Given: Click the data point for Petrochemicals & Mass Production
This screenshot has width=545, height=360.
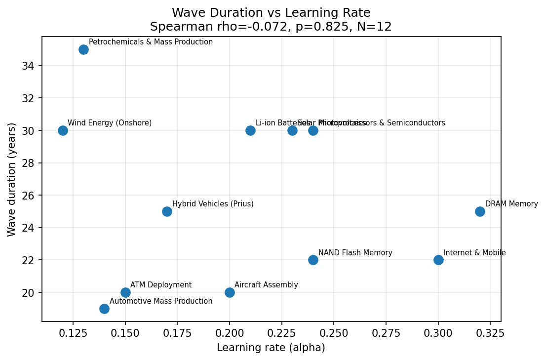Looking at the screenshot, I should point(83,49).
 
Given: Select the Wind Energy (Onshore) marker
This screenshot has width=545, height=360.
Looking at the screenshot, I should point(63,130).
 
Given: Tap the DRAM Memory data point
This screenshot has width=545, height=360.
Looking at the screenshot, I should point(480,211).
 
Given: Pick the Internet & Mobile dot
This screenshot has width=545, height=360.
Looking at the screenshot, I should point(438,260).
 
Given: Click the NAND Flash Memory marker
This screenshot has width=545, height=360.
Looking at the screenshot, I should point(313,260).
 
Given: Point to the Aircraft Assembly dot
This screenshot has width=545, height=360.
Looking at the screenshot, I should point(230,292).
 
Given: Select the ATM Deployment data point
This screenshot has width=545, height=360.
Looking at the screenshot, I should point(125,292).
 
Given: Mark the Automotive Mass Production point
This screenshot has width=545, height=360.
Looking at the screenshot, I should point(104,309).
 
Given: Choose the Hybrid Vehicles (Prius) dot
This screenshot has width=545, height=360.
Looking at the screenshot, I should point(167,211).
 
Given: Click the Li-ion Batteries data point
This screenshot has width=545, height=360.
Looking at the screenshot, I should point(250,130).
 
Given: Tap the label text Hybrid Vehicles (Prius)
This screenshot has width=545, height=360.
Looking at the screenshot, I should point(213,204).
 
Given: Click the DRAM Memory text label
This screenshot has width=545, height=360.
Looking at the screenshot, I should point(511,204).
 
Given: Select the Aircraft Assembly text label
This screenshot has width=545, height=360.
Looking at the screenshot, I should point(266,285).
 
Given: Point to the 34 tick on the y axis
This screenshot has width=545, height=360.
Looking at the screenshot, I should point(29,66).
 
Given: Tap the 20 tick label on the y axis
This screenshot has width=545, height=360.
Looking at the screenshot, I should point(29,293).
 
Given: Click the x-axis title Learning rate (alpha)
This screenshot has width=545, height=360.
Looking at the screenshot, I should point(271,348).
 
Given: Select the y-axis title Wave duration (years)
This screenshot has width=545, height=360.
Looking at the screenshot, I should point(12,179).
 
